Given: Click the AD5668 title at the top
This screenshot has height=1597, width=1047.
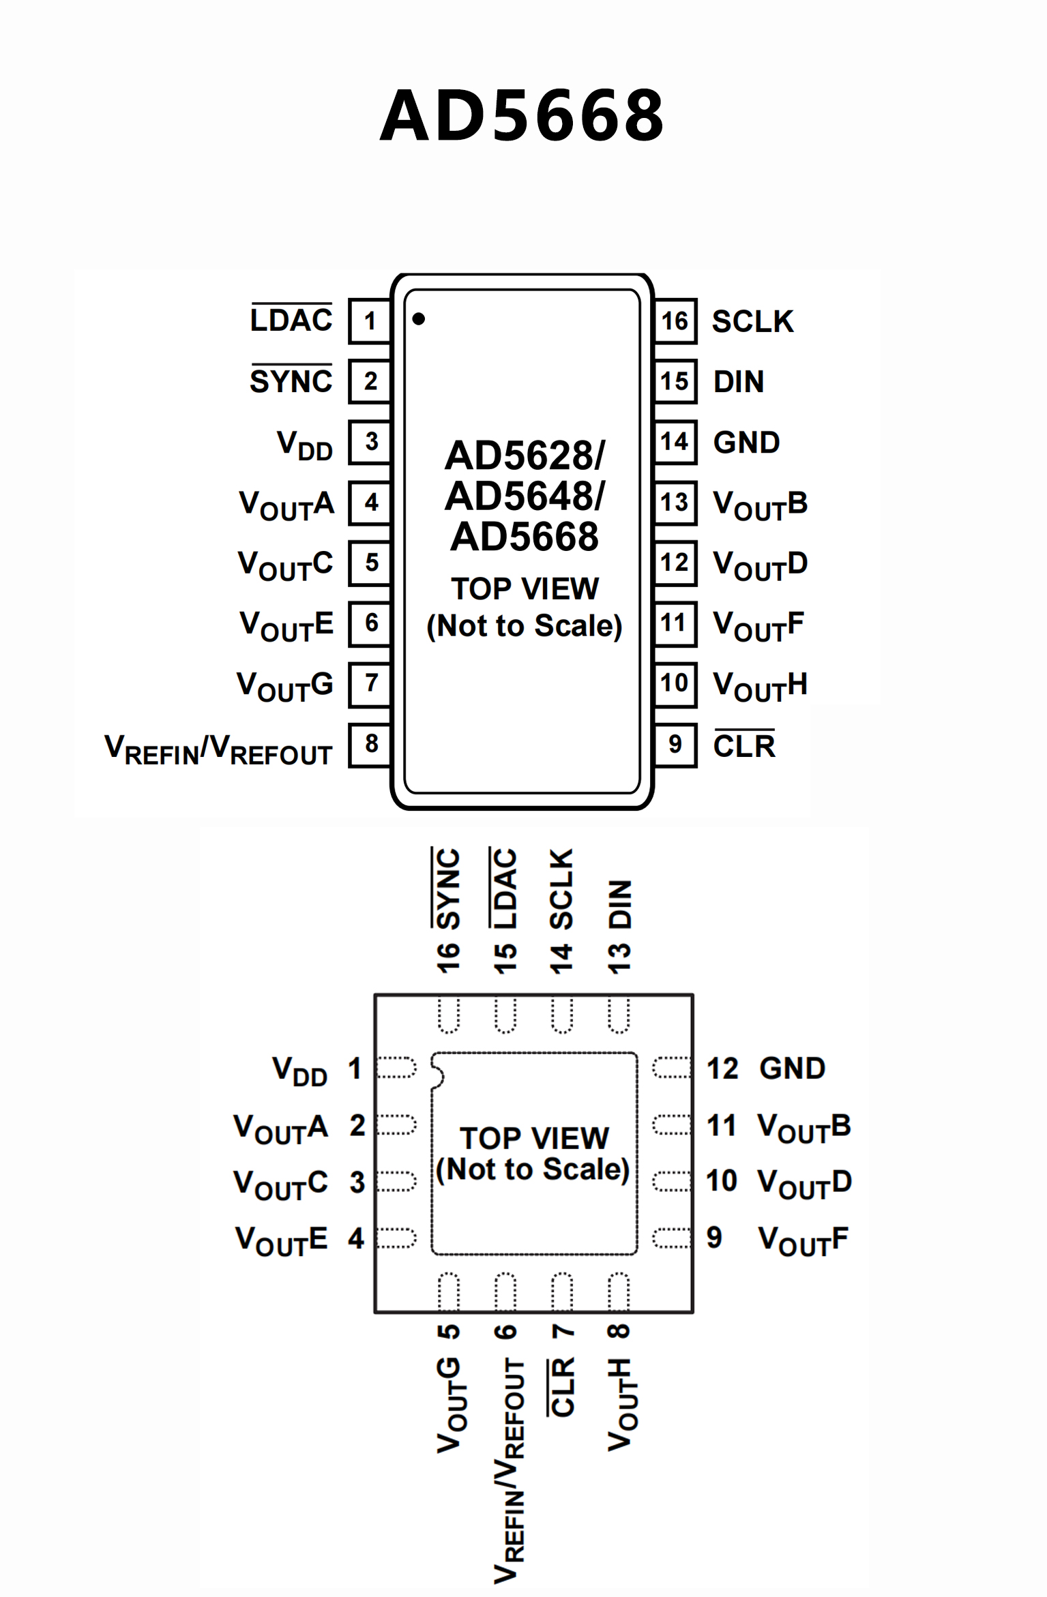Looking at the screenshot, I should click(x=522, y=116).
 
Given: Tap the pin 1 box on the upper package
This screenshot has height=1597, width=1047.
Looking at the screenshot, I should click(x=370, y=320).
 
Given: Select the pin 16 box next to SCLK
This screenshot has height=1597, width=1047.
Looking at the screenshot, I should click(x=675, y=320).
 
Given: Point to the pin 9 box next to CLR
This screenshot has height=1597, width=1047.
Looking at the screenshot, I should click(x=675, y=745).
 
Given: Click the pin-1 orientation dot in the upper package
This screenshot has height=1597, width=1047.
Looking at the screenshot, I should click(x=419, y=318).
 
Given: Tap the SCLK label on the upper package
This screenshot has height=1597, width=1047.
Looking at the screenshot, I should click(x=752, y=322).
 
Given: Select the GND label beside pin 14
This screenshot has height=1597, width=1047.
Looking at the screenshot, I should click(x=746, y=443).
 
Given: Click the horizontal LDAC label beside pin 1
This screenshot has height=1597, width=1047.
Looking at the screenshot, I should click(x=291, y=320).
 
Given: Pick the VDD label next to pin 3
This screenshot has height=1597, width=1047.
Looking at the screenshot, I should click(x=304, y=445).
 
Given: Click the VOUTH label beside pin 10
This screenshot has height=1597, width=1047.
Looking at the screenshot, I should click(x=760, y=685).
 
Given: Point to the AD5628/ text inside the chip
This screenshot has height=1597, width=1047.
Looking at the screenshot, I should click(x=525, y=456).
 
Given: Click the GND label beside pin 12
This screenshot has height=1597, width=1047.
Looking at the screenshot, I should click(x=793, y=1069).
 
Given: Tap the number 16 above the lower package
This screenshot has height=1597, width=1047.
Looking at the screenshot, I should click(x=448, y=958).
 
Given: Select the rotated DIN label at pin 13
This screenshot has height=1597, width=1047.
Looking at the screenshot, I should click(x=620, y=904).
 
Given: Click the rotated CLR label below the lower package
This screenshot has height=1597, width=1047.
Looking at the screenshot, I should click(x=563, y=1387).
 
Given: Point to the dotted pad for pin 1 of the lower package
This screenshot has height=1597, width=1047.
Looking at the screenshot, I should click(x=396, y=1068).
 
